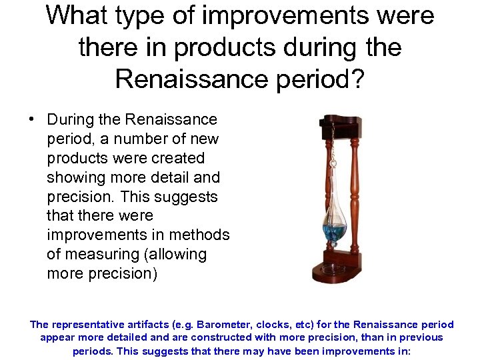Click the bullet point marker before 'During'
[31, 120]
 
